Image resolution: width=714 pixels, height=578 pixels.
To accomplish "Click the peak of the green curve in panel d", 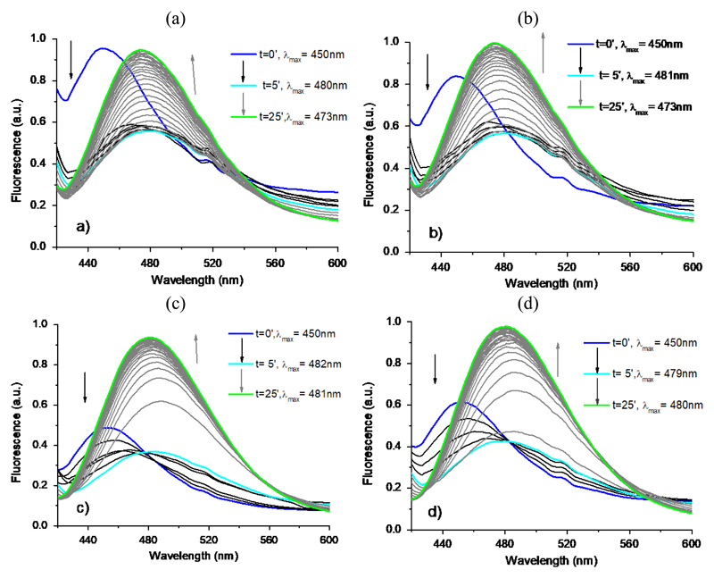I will tap(505, 326).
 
